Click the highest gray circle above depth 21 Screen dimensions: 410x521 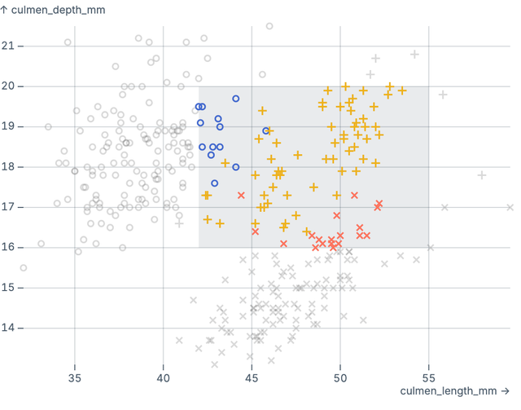pyautogui.click(x=269, y=26)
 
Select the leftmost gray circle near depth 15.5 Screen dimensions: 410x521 pyautogui.click(x=24, y=267)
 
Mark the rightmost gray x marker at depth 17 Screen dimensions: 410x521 pyautogui.click(x=510, y=207)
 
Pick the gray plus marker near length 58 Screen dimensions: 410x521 pyautogui.click(x=482, y=174)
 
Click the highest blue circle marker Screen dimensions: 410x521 pyautogui.click(x=236, y=99)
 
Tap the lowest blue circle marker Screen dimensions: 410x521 pyautogui.click(x=215, y=183)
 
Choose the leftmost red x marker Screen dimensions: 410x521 pyautogui.click(x=241, y=195)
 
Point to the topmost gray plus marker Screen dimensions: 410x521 pyautogui.click(x=415, y=55)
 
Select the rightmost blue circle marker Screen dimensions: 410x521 pyautogui.click(x=266, y=130)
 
